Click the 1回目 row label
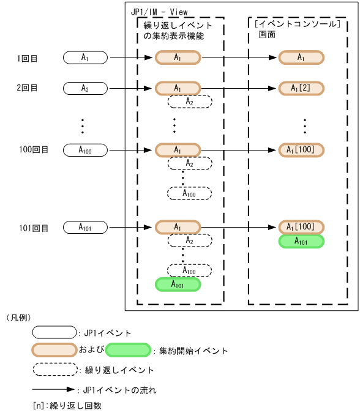click(27, 59)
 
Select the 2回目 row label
click(27, 88)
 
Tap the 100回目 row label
click(33, 149)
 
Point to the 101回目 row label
click(33, 228)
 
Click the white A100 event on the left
click(85, 149)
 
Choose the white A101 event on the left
click(85, 228)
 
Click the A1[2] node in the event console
click(301, 88)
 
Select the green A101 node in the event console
click(301, 241)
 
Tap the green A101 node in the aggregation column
click(178, 284)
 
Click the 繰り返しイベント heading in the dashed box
click(174, 25)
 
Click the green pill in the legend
click(128, 351)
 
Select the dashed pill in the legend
click(55, 370)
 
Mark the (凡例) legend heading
click(18, 318)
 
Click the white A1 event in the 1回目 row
click(85, 58)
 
